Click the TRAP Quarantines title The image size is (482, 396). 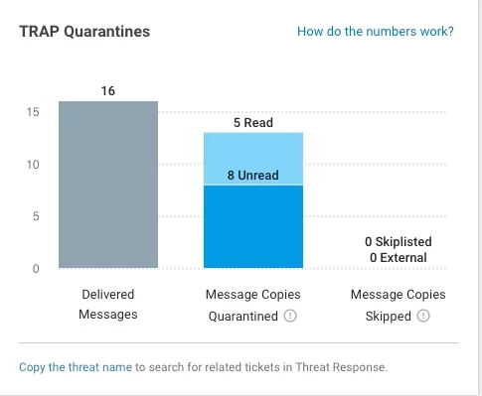(84, 32)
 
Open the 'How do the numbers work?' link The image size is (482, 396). (375, 32)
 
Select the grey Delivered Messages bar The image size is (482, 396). (107, 184)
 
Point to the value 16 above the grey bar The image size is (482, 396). (107, 91)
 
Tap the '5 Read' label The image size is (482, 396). (252, 124)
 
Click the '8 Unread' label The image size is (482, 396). (252, 177)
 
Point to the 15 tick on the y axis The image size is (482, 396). (33, 112)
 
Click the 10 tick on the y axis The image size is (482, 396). (33, 165)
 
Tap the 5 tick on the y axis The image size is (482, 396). (36, 216)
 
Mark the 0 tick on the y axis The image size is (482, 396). (36, 269)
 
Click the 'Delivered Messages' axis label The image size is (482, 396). (107, 305)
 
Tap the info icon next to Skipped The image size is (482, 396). (422, 317)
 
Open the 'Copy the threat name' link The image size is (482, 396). (76, 367)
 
